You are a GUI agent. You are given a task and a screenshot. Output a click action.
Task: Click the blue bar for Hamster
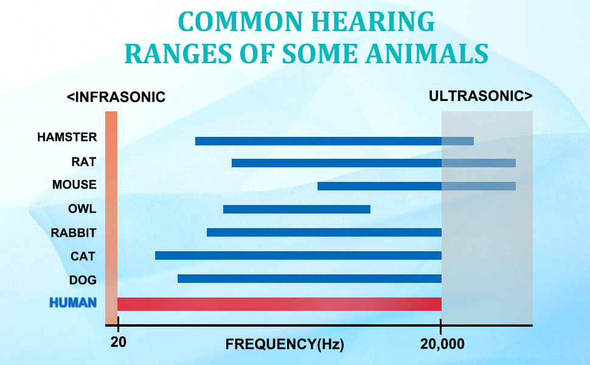click(x=334, y=141)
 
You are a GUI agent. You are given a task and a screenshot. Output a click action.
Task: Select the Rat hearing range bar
click(x=373, y=163)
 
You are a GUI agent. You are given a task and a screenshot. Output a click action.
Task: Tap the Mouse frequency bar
click(x=416, y=186)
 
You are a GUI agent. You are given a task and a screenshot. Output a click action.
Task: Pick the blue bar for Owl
click(x=296, y=209)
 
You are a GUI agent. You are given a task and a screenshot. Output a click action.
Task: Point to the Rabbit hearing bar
click(x=324, y=232)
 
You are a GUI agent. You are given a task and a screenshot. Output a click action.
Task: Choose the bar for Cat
click(x=298, y=255)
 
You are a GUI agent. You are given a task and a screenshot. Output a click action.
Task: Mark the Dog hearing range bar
click(x=309, y=279)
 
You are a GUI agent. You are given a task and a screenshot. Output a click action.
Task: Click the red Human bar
click(x=279, y=304)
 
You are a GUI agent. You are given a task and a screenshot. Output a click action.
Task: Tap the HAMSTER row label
click(x=67, y=137)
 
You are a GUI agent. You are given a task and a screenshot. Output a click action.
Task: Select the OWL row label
click(x=82, y=209)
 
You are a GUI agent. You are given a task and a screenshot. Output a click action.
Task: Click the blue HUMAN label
click(x=72, y=302)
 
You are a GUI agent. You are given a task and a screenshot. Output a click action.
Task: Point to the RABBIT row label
click(x=74, y=232)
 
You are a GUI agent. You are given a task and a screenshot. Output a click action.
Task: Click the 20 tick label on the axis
click(x=118, y=343)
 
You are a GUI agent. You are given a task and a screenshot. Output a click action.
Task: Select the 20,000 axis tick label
click(x=442, y=344)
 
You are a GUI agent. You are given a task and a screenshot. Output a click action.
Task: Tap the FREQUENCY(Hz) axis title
click(x=285, y=344)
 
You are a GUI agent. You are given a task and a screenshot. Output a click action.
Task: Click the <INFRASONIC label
click(x=116, y=97)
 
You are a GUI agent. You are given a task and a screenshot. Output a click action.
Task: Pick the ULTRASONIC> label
click(x=481, y=96)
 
